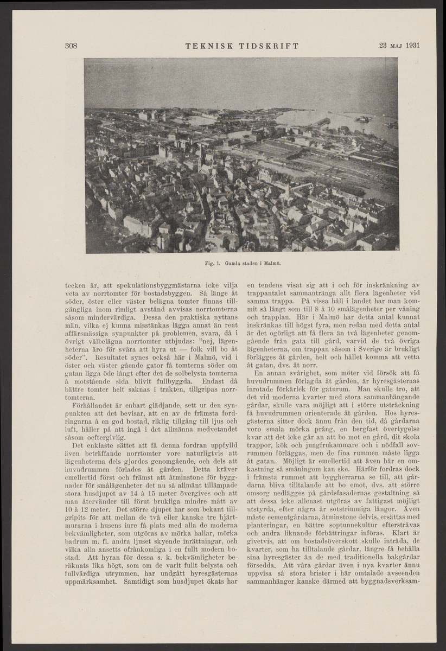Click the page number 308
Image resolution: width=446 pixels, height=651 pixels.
pyautogui.click(x=70, y=45)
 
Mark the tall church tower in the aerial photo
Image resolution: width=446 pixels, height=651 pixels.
pyautogui.click(x=200, y=157)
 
